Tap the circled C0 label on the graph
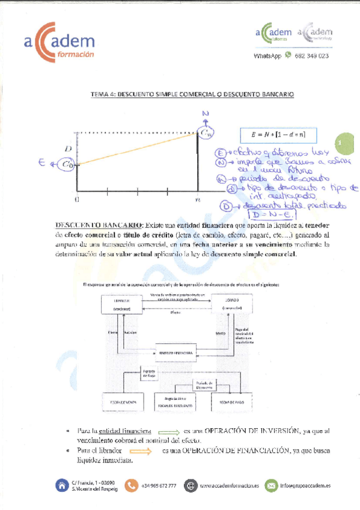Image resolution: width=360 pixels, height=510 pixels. coord(68,163)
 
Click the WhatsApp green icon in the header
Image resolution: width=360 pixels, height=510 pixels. coord(288,55)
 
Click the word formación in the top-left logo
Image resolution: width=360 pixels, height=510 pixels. coord(73,54)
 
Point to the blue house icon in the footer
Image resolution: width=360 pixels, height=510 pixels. coord(61,485)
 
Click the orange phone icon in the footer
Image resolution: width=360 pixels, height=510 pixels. coord(131,485)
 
